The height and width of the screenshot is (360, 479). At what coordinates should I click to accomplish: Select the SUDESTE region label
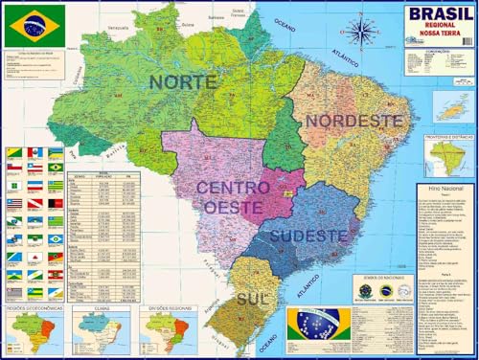(307, 235)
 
